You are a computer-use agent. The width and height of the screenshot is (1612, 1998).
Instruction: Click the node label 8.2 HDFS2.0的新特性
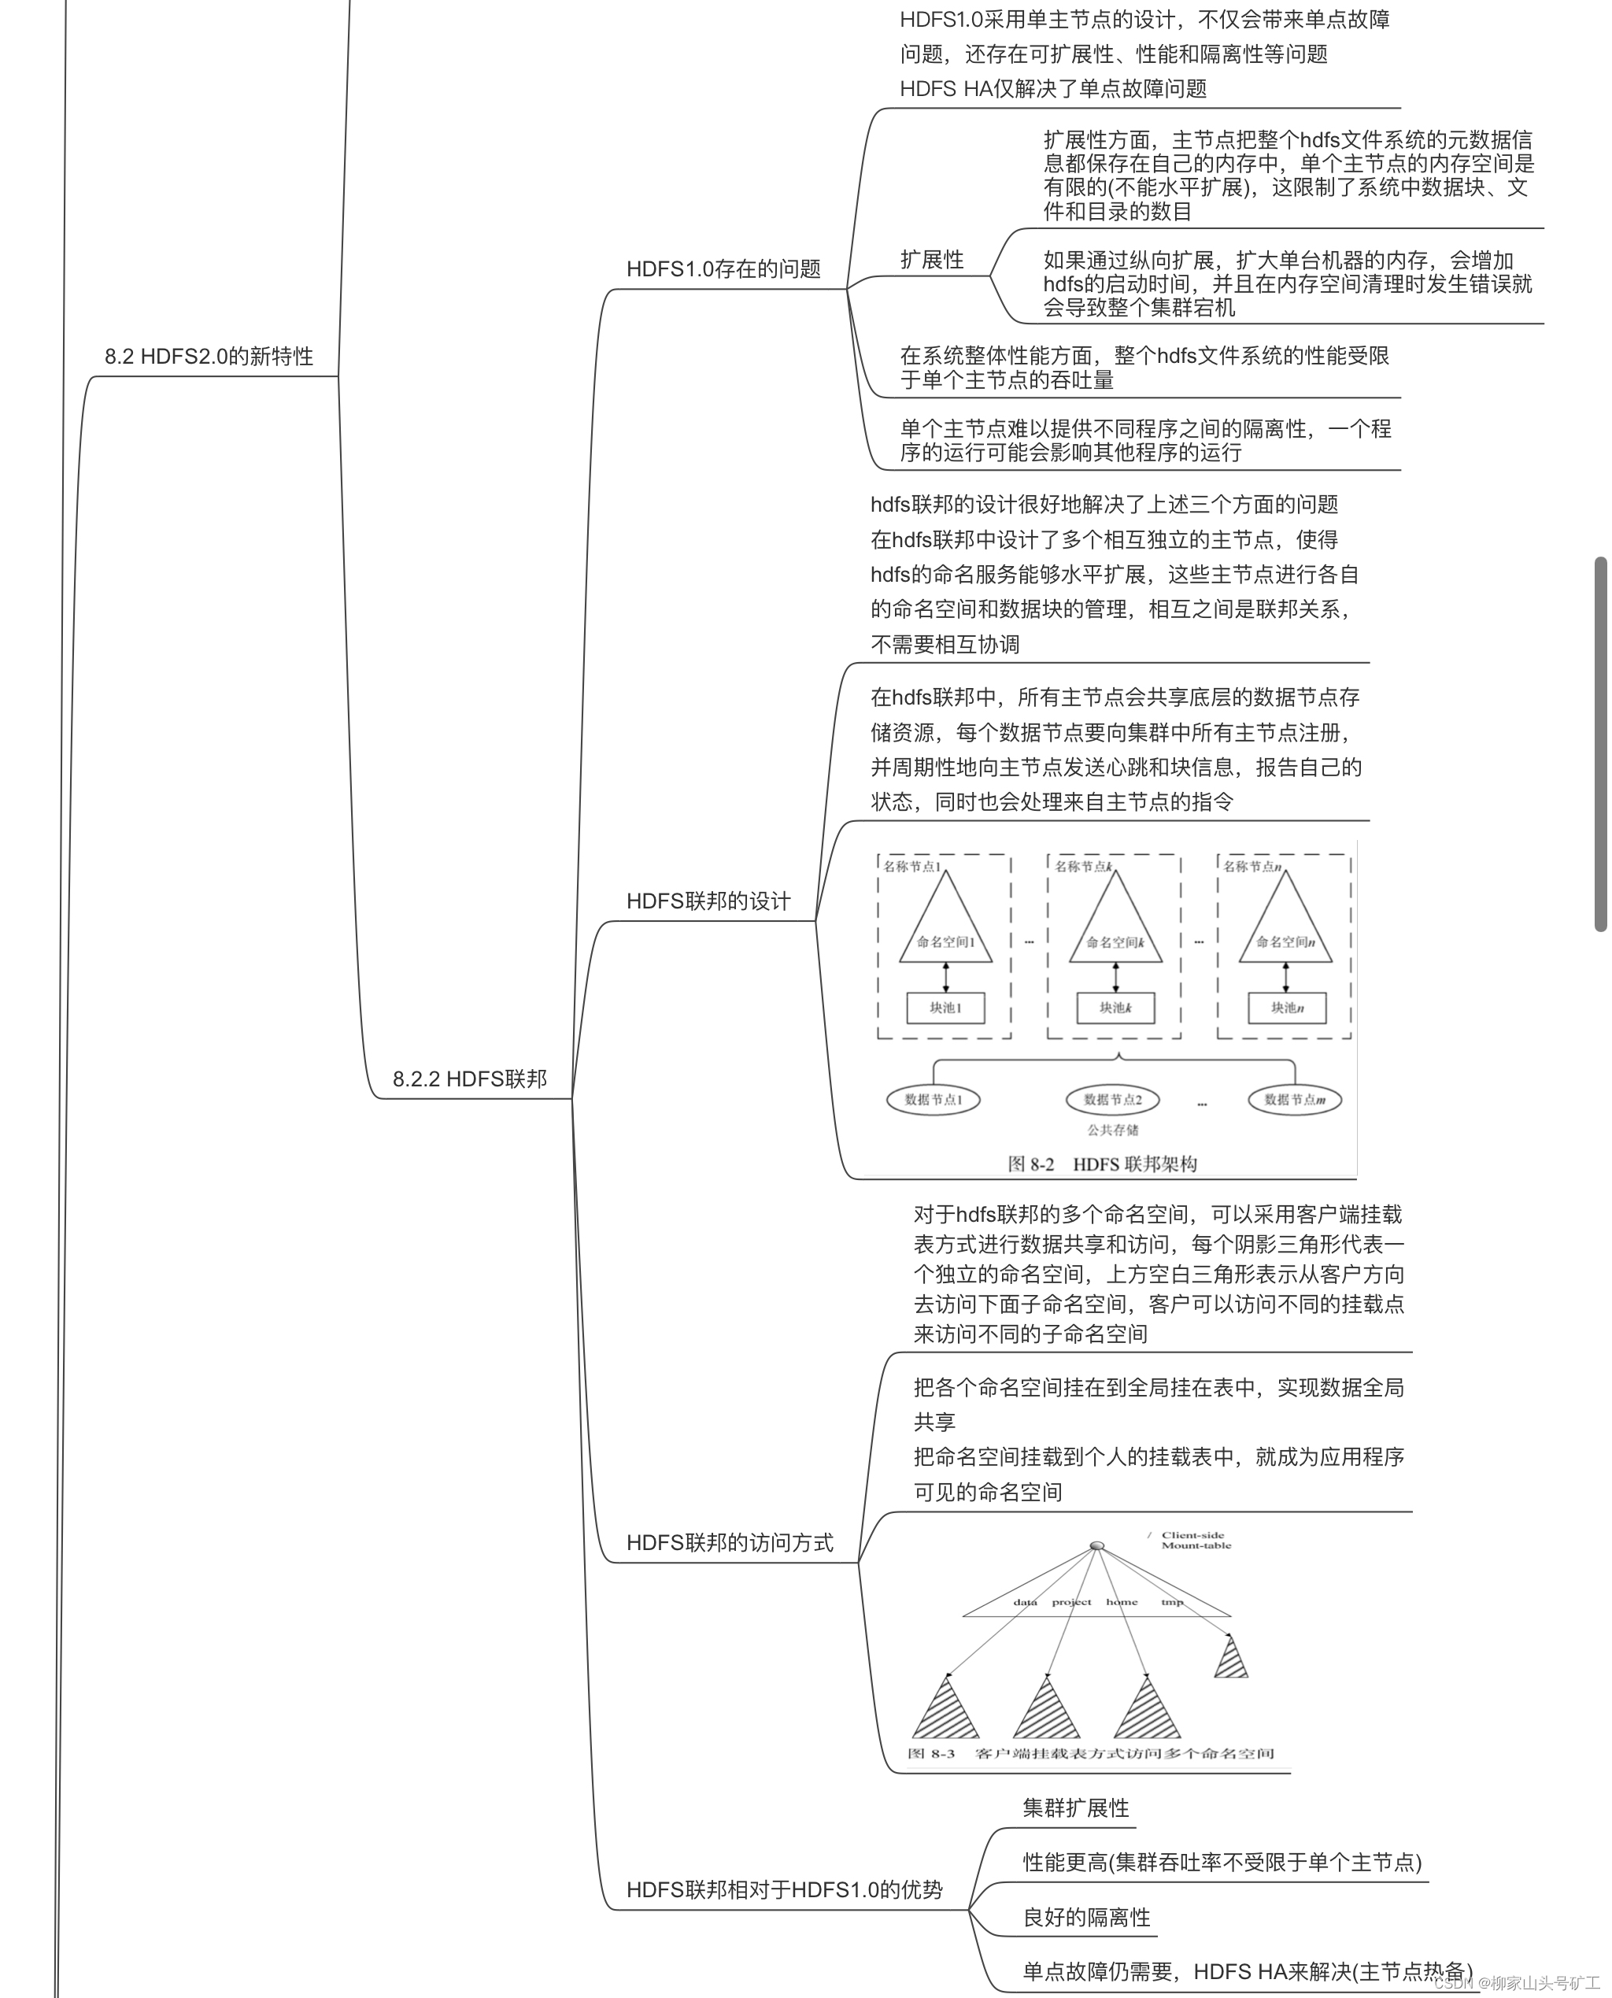[209, 357]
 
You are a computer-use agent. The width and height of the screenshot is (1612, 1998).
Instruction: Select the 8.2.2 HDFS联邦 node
[469, 1079]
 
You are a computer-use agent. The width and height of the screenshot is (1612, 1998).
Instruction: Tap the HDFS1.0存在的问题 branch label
[723, 269]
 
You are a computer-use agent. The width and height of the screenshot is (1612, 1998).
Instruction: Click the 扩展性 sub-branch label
[931, 260]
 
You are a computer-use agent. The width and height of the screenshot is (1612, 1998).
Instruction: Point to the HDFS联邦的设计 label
[708, 901]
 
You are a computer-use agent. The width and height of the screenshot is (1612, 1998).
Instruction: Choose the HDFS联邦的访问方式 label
[730, 1543]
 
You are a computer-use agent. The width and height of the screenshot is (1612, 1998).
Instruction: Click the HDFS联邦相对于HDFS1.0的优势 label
[785, 1890]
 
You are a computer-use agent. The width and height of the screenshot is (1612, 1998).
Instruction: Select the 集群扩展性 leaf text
[1075, 1808]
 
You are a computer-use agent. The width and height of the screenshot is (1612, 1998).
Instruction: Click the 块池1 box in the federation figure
[945, 1008]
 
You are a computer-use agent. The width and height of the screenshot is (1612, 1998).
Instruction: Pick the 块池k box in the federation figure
[1115, 1008]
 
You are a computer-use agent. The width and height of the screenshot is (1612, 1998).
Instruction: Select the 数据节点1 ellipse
[934, 1100]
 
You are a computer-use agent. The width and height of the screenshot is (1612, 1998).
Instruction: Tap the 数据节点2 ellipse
[1112, 1100]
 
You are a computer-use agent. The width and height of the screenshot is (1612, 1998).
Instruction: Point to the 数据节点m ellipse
[1295, 1100]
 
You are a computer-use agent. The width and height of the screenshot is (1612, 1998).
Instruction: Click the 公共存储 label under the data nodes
[1112, 1130]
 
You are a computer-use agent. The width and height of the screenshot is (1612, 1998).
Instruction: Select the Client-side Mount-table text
[1196, 1541]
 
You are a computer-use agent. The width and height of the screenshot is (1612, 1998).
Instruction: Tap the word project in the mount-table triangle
[1071, 1602]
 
